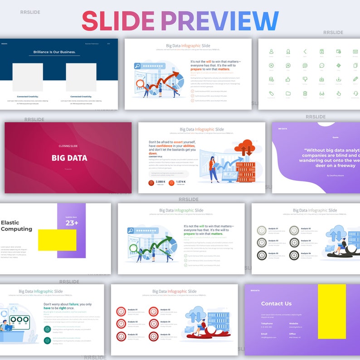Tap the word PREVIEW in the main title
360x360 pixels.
tap(219, 21)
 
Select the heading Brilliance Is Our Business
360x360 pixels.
tap(54, 52)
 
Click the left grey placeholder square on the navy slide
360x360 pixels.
tap(27, 77)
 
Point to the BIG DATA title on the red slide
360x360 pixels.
tap(69, 158)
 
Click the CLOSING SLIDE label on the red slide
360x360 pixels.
tap(68, 146)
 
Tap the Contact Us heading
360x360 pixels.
tap(276, 303)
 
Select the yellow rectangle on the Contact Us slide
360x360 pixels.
tap(331, 311)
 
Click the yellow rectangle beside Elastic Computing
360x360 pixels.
tap(57, 240)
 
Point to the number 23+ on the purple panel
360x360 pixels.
tap(72, 223)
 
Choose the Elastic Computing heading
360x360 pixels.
tap(16, 226)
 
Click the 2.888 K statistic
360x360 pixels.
tap(161, 181)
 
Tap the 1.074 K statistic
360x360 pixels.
tap(180, 181)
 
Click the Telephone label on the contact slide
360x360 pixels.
tap(267, 323)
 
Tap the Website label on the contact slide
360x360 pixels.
tap(293, 323)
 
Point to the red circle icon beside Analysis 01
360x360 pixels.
tap(121, 311)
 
